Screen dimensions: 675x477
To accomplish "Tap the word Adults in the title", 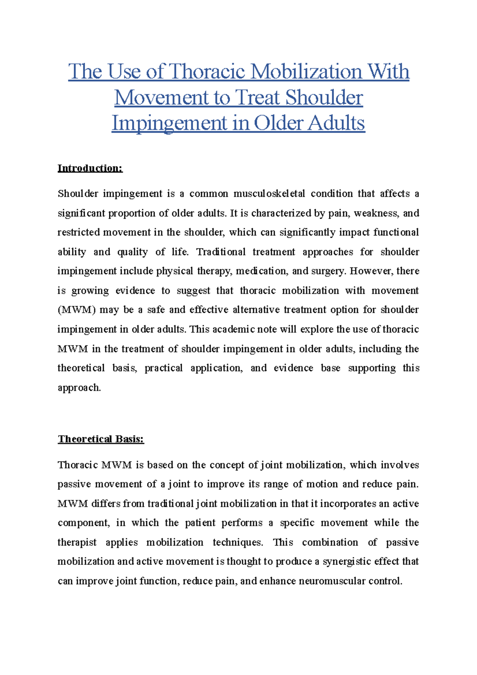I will pyautogui.click(x=337, y=123).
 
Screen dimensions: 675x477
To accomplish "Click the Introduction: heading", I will pyautogui.click(x=90, y=168).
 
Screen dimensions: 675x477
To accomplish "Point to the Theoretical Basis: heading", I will pyautogui.click(x=101, y=439).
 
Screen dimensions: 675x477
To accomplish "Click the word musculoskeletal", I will pyautogui.click(x=269, y=194).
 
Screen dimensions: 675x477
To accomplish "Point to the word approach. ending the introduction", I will pyautogui.click(x=79, y=388).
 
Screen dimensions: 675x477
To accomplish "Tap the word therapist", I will pyautogui.click(x=77, y=543).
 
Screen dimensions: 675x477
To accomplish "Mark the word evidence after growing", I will pyautogui.click(x=135, y=291).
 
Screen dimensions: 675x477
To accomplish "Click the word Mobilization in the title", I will pyautogui.click(x=306, y=72).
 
